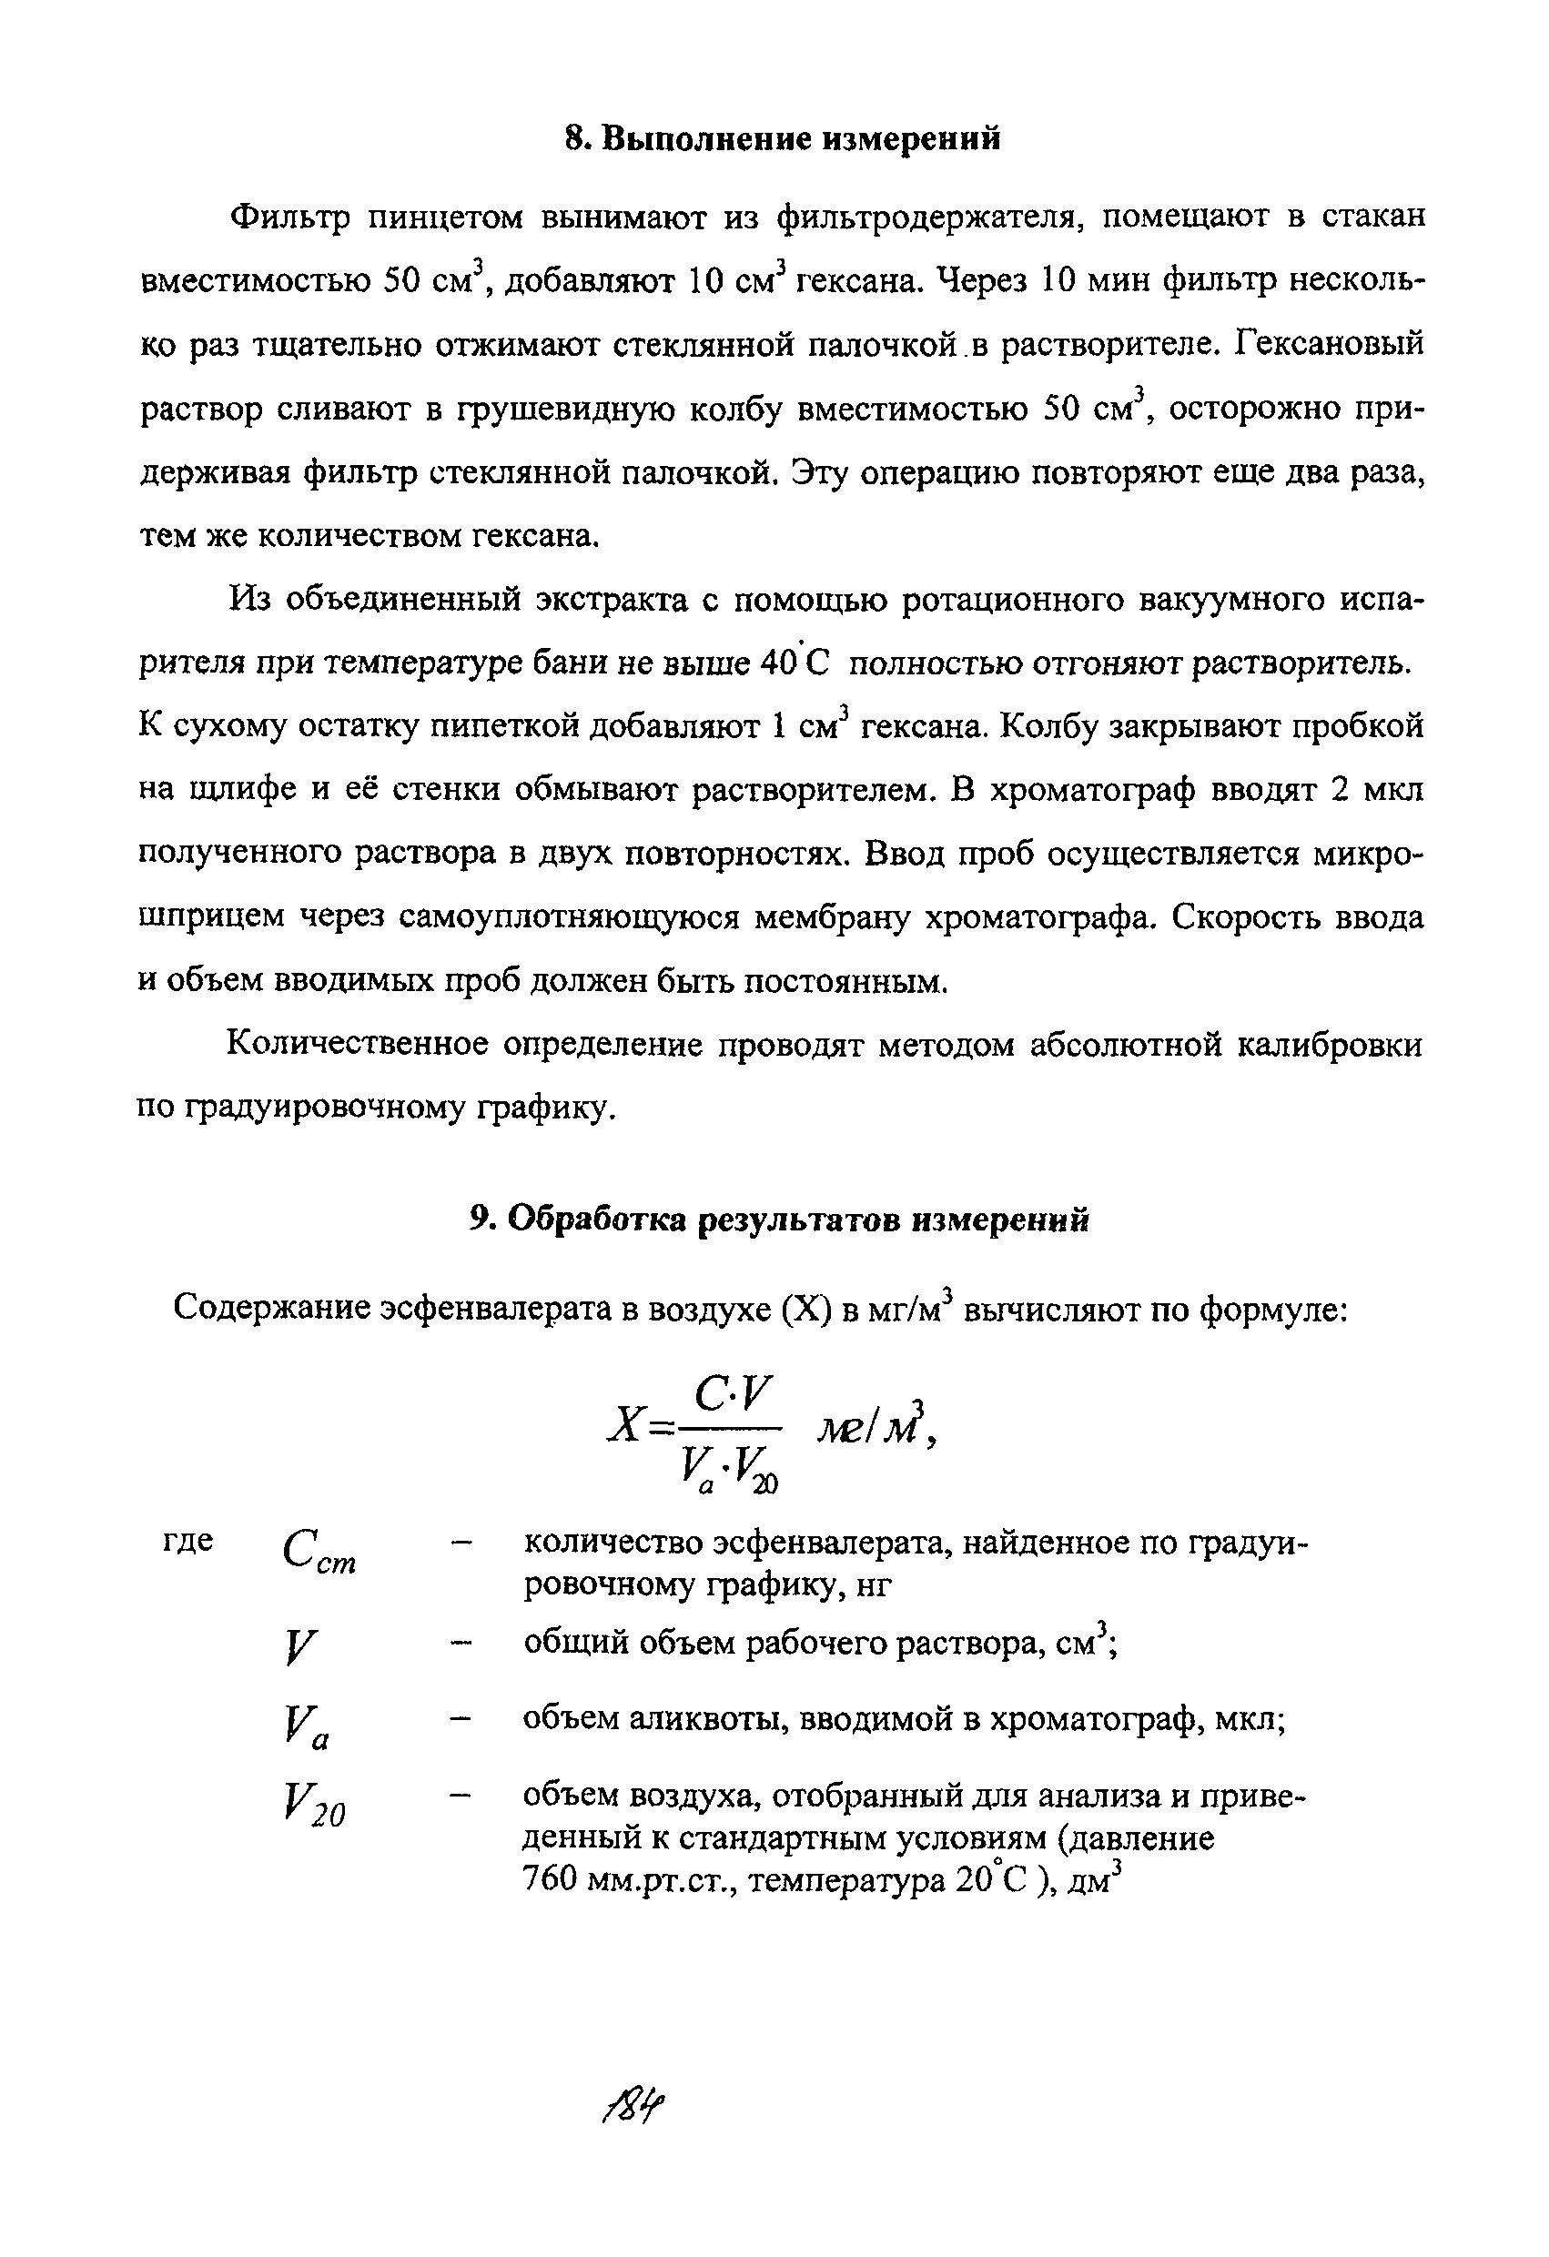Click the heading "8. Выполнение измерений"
782,140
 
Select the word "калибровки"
1330,1045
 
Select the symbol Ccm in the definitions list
319,1552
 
